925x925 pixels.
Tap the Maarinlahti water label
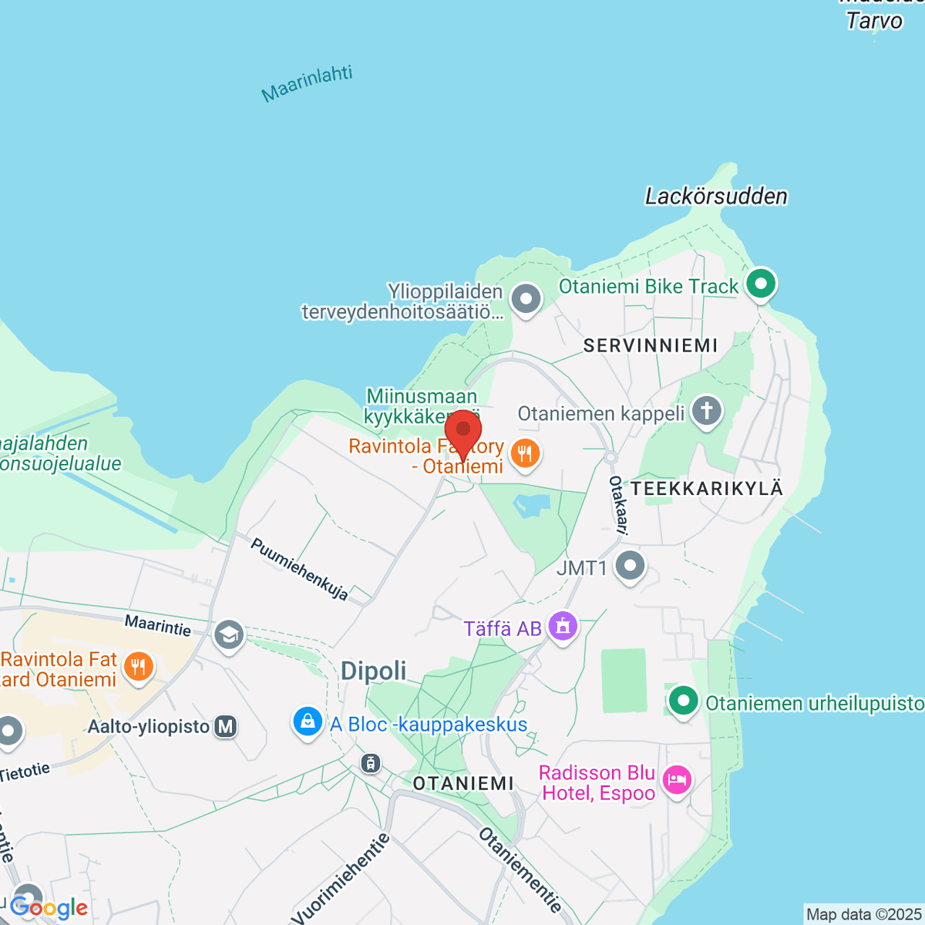pyautogui.click(x=307, y=84)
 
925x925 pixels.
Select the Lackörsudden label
pyautogui.click(x=716, y=197)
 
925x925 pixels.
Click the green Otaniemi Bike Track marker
pyautogui.click(x=761, y=284)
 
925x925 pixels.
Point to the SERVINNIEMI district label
pyautogui.click(x=651, y=345)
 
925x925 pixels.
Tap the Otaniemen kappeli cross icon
pyautogui.click(x=706, y=412)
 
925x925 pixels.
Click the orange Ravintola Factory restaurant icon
pyautogui.click(x=525, y=453)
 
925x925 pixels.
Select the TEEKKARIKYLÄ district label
pyautogui.click(x=707, y=488)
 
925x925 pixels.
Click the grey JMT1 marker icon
pyautogui.click(x=630, y=567)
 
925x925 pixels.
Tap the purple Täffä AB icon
pyautogui.click(x=563, y=626)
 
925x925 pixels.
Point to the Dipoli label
pyautogui.click(x=374, y=671)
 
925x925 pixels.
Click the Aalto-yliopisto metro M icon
pyautogui.click(x=225, y=726)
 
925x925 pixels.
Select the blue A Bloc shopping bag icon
pyautogui.click(x=308, y=722)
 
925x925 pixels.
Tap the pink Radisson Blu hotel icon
pyautogui.click(x=677, y=779)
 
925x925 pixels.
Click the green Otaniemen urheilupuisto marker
pyautogui.click(x=683, y=701)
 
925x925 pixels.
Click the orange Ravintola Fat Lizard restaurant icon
pyautogui.click(x=139, y=666)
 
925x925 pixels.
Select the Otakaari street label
pyautogui.click(x=619, y=505)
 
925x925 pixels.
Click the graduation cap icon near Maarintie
pyautogui.click(x=229, y=636)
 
